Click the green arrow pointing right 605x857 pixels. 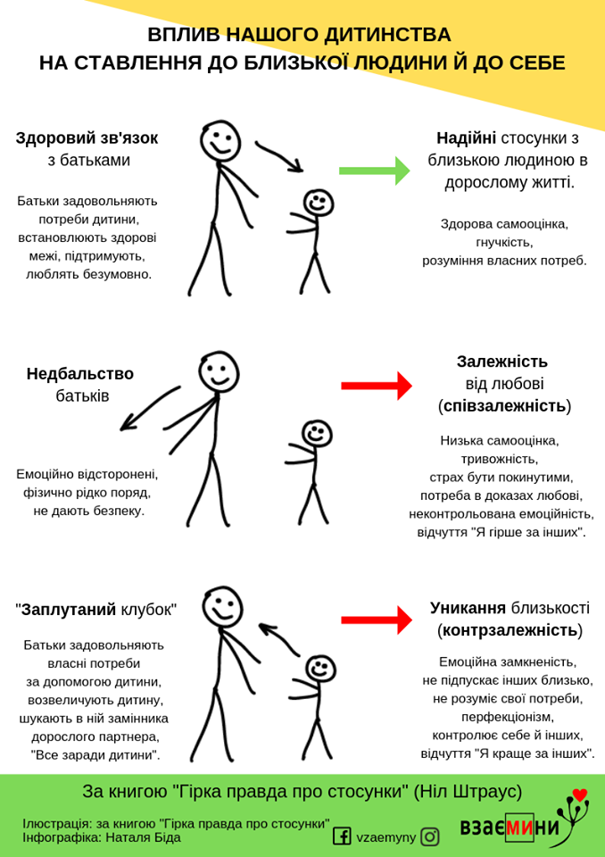click(375, 171)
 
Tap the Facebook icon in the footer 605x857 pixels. click(342, 836)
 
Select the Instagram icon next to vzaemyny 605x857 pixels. click(431, 836)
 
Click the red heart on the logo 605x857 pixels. click(579, 795)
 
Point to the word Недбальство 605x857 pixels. click(79, 374)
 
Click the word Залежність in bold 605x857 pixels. click(501, 362)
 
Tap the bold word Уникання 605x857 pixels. click(468, 608)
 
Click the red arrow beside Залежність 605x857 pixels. click(376, 386)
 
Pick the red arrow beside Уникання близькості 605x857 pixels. click(376, 620)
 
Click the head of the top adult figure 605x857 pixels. click(220, 140)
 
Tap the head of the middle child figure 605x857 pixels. click(317, 434)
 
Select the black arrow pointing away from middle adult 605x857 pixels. click(146, 410)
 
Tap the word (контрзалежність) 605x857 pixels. click(510, 630)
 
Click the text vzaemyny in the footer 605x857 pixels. click(385, 836)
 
